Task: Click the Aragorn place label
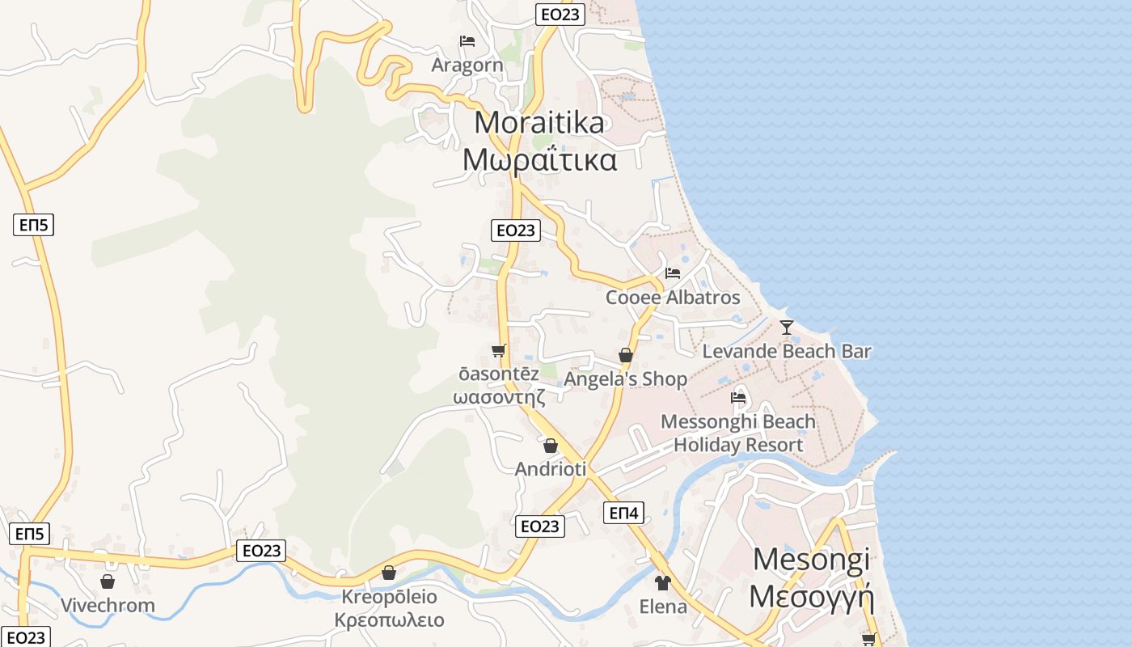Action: point(467,65)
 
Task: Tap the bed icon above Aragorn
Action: point(467,41)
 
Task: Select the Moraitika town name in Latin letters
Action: point(539,122)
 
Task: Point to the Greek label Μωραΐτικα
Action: point(539,159)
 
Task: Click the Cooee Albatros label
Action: point(673,298)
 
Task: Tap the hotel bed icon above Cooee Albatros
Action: point(673,273)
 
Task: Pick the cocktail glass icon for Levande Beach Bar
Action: point(787,328)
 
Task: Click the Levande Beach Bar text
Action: point(787,351)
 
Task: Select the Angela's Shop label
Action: point(625,378)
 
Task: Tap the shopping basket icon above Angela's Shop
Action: point(625,355)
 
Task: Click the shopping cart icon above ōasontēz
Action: point(499,350)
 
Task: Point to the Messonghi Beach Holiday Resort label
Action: point(738,433)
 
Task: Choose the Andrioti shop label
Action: point(551,469)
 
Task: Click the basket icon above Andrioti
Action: point(551,446)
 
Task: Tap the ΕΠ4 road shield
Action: point(624,513)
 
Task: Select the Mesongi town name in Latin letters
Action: point(812,560)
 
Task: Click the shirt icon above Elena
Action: point(663,583)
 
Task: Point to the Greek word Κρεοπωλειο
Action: point(390,620)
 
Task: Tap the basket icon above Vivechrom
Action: point(108,581)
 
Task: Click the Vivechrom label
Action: point(108,606)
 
